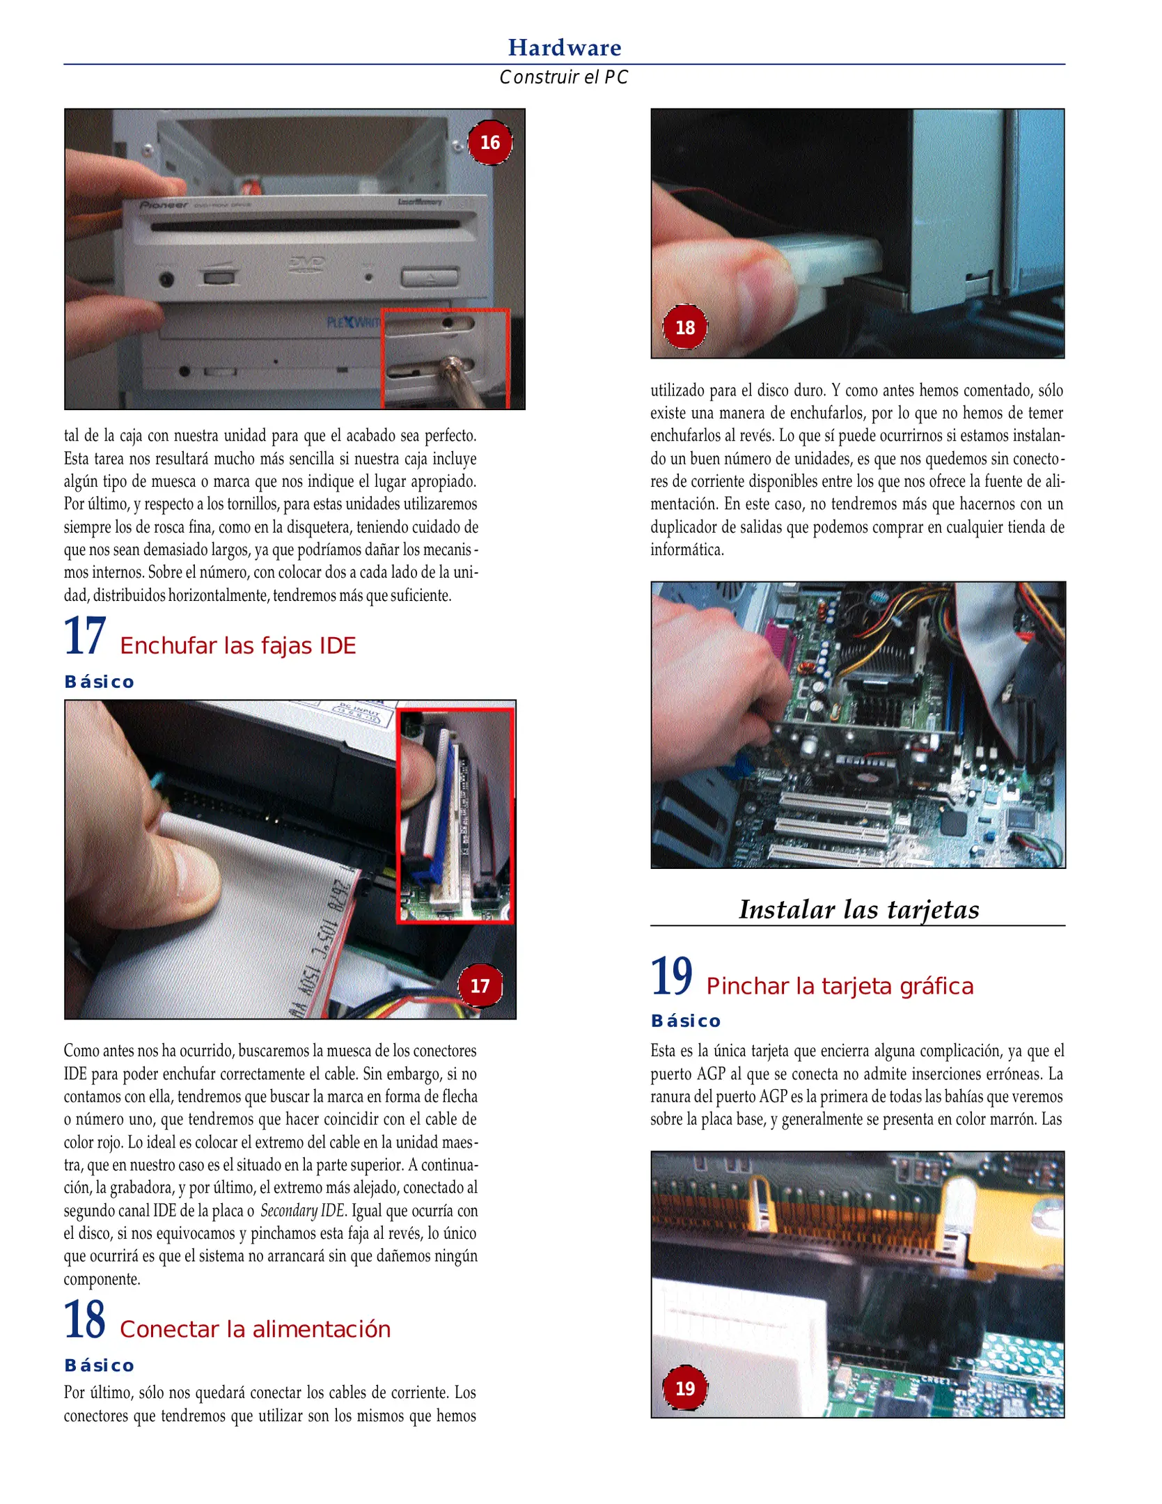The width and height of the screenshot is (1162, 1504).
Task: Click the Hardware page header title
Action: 564,47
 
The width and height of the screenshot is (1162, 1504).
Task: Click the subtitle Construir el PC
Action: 563,77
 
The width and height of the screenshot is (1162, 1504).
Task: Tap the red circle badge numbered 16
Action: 489,143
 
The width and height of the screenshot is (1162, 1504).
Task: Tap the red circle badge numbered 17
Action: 480,986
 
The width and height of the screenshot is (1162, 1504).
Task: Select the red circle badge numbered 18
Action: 684,327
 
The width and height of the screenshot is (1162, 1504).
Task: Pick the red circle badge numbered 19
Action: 684,1388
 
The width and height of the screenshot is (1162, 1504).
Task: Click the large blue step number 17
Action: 85,636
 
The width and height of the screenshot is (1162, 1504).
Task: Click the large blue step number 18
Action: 85,1319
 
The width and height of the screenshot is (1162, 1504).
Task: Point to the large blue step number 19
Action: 671,977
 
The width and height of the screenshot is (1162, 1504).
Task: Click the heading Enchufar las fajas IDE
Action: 237,645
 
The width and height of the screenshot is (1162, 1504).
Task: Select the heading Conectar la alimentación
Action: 255,1329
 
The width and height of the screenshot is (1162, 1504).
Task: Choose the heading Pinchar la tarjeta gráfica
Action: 839,986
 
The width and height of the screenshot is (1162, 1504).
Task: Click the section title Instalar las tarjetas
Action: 858,909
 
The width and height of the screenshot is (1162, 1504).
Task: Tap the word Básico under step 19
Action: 686,1021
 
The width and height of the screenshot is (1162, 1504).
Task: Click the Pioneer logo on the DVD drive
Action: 164,205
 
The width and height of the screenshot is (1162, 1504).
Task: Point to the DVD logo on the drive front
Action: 306,263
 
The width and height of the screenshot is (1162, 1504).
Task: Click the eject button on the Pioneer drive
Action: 430,278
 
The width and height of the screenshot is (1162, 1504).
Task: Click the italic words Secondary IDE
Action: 302,1210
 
